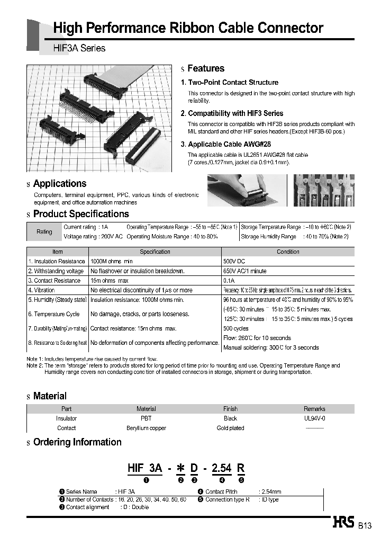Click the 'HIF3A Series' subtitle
pos(79,48)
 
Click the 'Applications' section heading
pos(59,184)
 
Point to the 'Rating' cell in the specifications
pos(44,231)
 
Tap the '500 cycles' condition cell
pos(236,328)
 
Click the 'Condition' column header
pos(288,252)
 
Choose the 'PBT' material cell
pos(146,418)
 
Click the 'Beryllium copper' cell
pos(146,428)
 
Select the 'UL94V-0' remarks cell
pos(314,418)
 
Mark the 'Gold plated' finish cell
pos(230,428)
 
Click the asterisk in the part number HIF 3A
pos(180,468)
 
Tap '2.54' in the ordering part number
pos(222,468)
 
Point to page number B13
pos(365,526)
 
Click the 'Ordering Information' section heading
pos(77,442)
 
